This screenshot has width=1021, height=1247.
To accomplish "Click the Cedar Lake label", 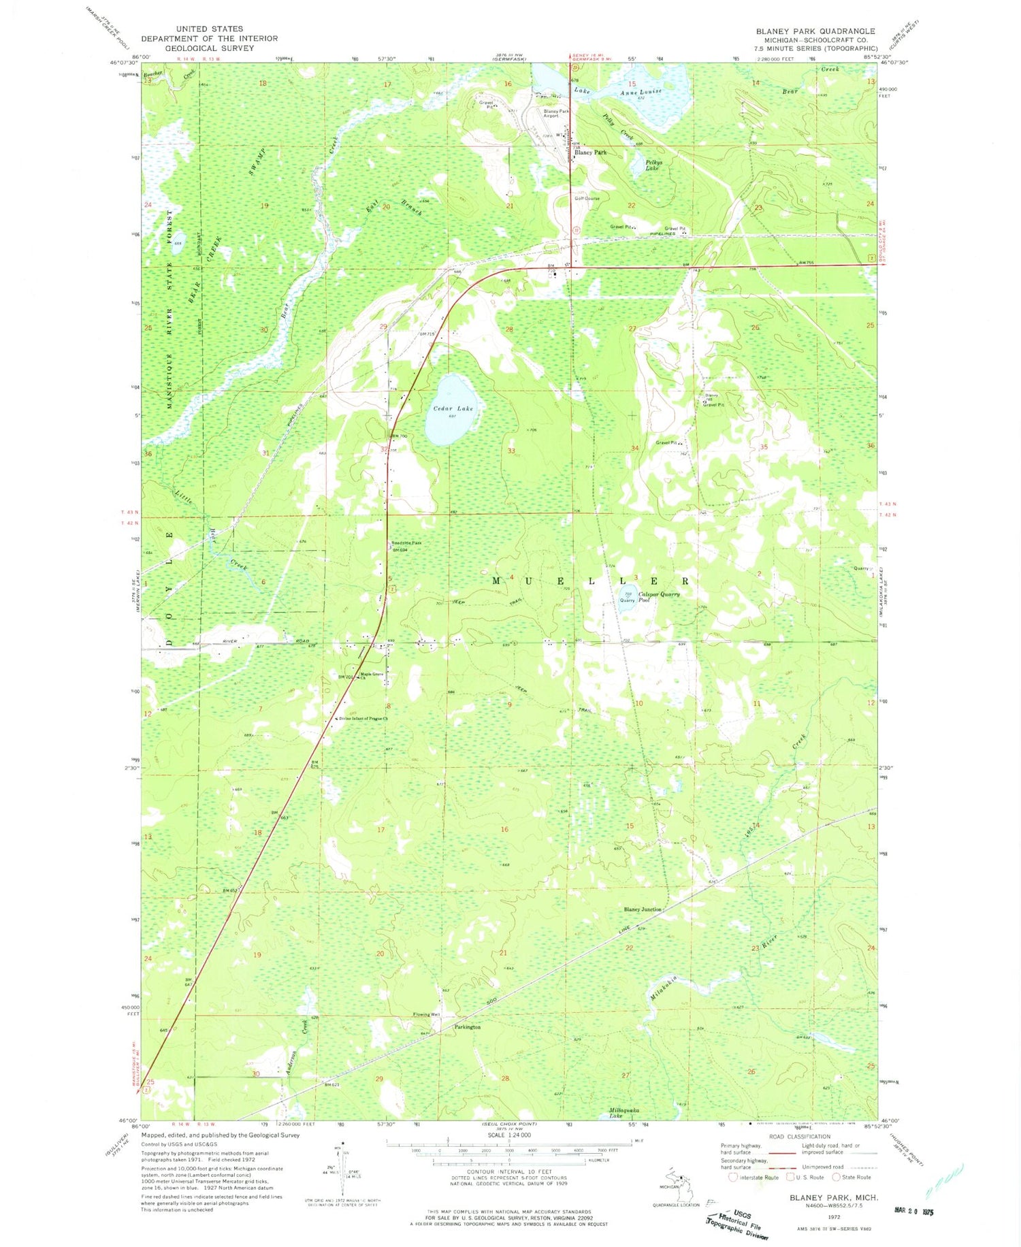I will (x=453, y=408).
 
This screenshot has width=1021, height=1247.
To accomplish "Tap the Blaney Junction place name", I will (x=642, y=909).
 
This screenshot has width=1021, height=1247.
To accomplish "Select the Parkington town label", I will (x=468, y=1027).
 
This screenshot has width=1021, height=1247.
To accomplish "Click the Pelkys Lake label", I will (x=651, y=165).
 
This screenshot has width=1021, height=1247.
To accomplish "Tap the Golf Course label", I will (x=586, y=199).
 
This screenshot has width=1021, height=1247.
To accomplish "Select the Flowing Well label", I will (x=426, y=1015).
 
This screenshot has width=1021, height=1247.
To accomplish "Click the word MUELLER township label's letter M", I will (x=496, y=581).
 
